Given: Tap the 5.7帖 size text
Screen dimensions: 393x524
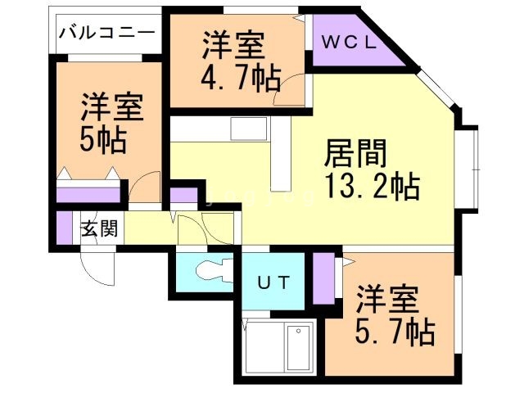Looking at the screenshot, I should click(x=395, y=332).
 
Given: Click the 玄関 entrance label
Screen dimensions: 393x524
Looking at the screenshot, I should click(x=98, y=228).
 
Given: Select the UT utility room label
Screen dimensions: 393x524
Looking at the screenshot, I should click(x=273, y=283).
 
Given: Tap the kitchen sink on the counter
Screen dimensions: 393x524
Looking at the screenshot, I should click(x=244, y=129).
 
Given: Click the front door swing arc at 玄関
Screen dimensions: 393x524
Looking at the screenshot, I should click(x=96, y=267).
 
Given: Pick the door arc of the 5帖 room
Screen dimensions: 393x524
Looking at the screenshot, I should click(x=146, y=188).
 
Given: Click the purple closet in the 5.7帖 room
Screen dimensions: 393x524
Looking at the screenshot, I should click(x=324, y=278).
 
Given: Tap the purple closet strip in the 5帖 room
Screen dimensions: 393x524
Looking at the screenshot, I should click(x=88, y=196).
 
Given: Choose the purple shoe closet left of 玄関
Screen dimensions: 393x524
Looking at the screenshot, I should click(x=65, y=228).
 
